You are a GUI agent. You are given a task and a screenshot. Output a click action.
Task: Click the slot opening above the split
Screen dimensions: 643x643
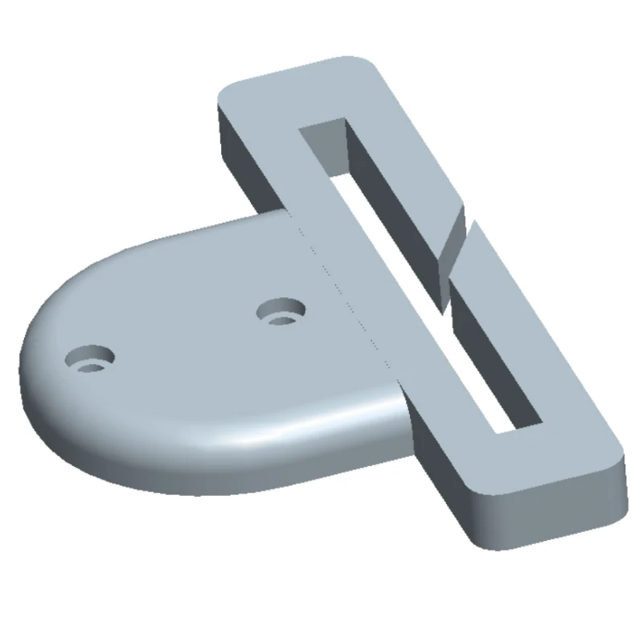(378, 201)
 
